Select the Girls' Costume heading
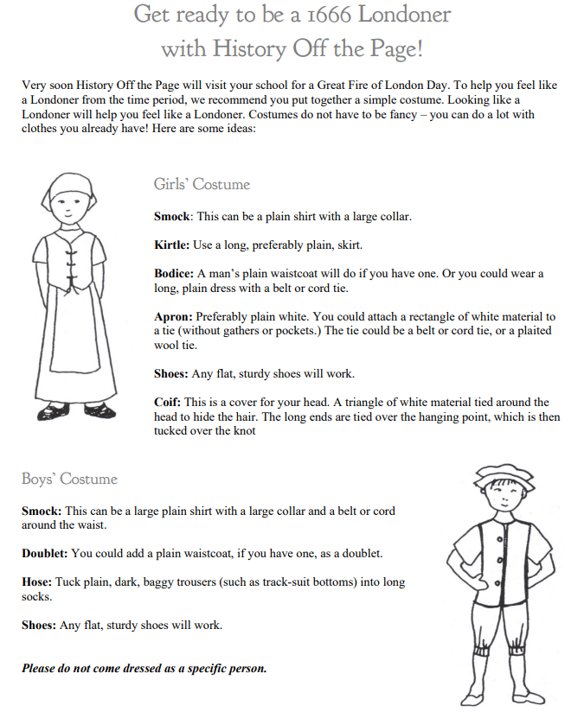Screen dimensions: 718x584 tap(202, 184)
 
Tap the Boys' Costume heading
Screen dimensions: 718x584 tap(69, 479)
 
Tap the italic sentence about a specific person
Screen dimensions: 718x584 tap(144, 668)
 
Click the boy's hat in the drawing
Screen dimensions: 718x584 tap(503, 473)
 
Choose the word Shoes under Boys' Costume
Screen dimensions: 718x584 tap(39, 625)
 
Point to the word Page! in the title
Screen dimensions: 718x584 tap(393, 48)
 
